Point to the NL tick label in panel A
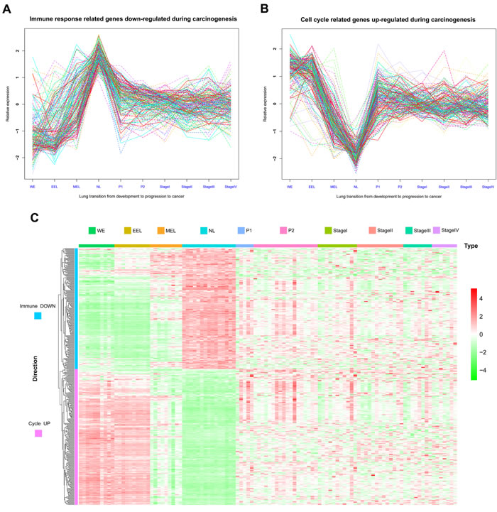[x=99, y=186]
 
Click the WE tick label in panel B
[x=290, y=186]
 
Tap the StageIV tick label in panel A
[x=231, y=186]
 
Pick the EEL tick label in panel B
[x=312, y=186]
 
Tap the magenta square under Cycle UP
[x=38, y=434]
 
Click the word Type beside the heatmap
[x=470, y=246]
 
